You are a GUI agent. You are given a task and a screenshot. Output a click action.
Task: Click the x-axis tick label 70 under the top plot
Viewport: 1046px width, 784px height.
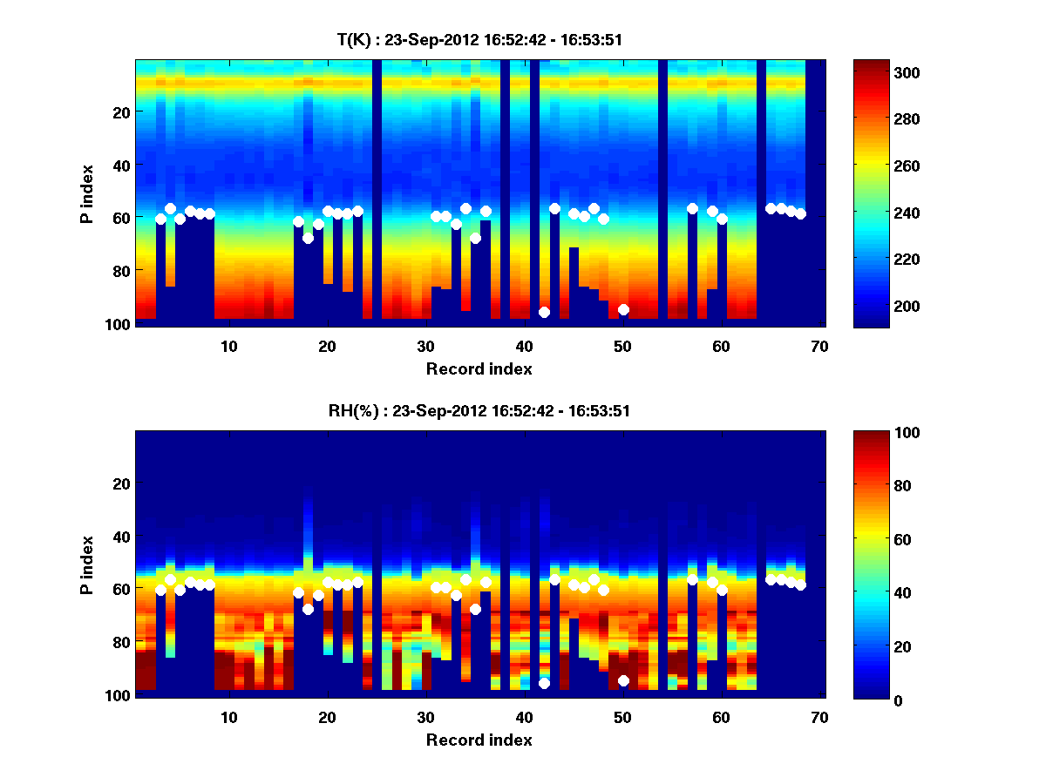819,347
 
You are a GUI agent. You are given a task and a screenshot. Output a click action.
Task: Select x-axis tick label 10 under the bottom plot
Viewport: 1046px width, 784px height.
228,718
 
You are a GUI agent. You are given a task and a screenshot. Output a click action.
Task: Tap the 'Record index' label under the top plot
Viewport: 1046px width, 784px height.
479,368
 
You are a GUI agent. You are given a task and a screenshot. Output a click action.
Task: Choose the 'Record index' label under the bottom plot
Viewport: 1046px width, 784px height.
479,740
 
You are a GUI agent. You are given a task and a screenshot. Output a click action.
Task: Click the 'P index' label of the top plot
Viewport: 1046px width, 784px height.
86,193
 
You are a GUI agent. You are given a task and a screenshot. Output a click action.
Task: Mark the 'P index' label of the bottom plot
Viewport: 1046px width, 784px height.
86,564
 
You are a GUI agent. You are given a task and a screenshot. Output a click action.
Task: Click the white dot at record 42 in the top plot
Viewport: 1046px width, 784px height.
544,312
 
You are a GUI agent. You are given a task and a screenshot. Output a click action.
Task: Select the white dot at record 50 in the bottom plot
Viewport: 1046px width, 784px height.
623,680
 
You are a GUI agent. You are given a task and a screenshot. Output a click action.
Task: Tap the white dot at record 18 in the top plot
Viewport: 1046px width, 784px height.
308,238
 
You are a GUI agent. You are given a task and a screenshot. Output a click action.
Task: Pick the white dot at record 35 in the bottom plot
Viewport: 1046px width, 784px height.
475,609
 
